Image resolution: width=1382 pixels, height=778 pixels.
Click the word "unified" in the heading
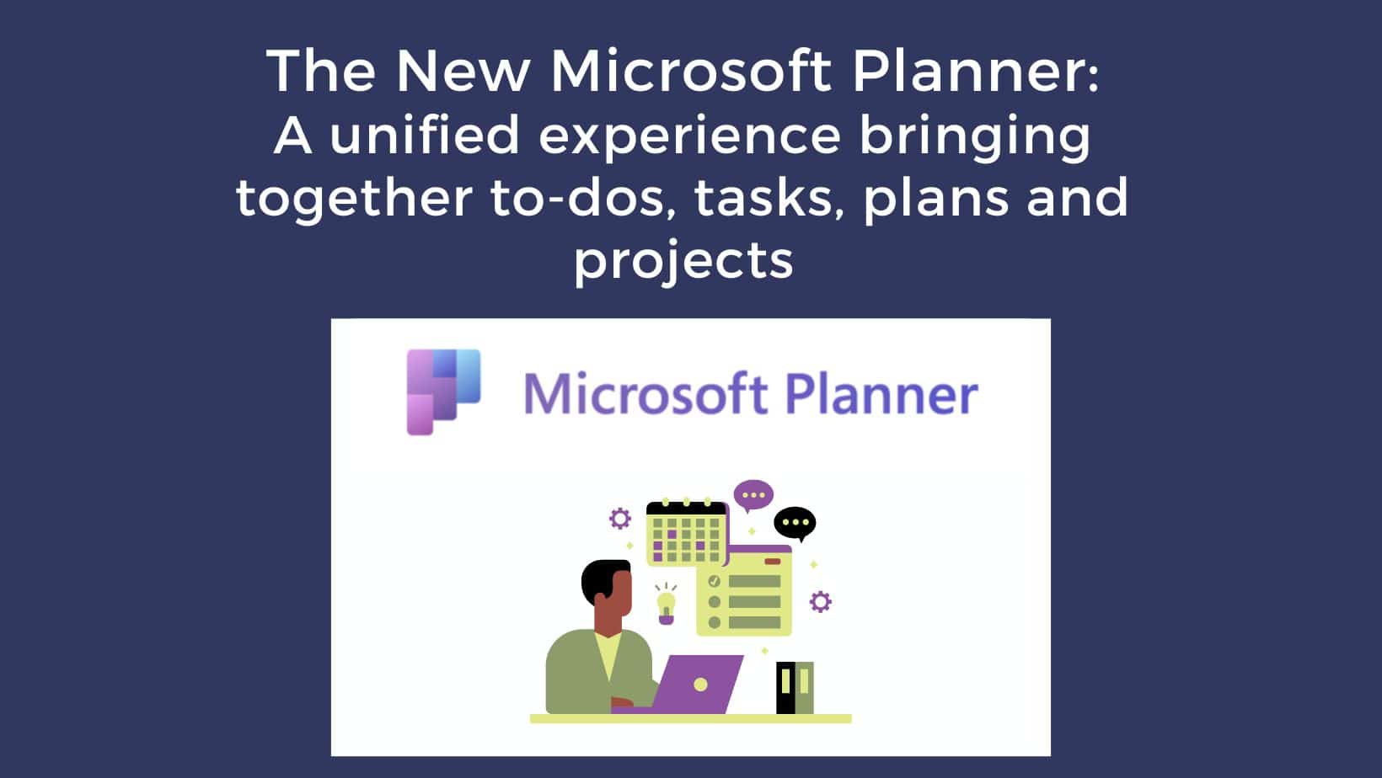[425, 136]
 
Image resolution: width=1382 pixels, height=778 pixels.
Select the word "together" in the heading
[355, 199]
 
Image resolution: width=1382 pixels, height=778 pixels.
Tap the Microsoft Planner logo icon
[443, 392]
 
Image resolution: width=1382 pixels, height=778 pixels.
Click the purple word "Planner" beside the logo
[881, 392]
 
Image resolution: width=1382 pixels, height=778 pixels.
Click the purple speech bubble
[753, 495]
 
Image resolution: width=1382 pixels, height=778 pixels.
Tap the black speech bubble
[795, 524]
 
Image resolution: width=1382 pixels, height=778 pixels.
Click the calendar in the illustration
[687, 534]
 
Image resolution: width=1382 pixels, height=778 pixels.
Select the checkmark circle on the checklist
[715, 581]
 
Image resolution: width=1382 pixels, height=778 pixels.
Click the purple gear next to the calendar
[620, 519]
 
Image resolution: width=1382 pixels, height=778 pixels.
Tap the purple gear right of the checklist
[821, 602]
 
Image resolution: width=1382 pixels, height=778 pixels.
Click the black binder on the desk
[785, 688]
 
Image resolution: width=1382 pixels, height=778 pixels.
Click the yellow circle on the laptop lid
[700, 685]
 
